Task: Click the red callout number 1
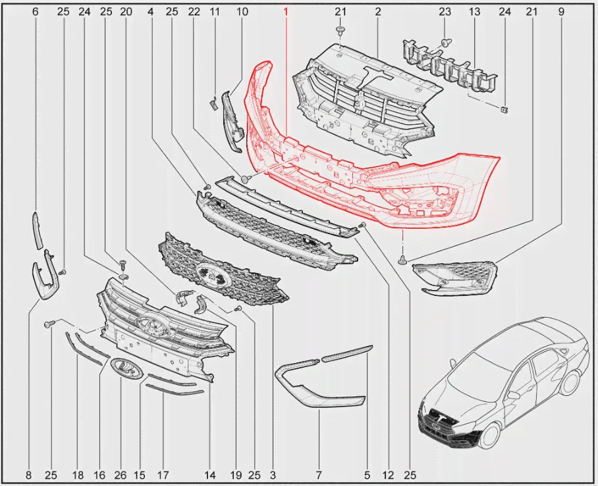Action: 285,12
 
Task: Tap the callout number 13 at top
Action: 474,12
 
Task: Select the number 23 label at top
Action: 445,12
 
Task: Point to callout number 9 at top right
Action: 561,12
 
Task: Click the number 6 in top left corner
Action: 35,12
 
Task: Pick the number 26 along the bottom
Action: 120,475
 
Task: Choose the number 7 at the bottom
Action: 319,475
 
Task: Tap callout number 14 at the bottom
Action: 209,475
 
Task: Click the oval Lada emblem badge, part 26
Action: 126,368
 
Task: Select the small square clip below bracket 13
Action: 504,110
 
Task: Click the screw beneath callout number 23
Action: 445,41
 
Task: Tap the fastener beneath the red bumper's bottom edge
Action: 402,260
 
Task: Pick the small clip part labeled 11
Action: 213,102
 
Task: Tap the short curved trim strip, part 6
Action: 37,231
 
